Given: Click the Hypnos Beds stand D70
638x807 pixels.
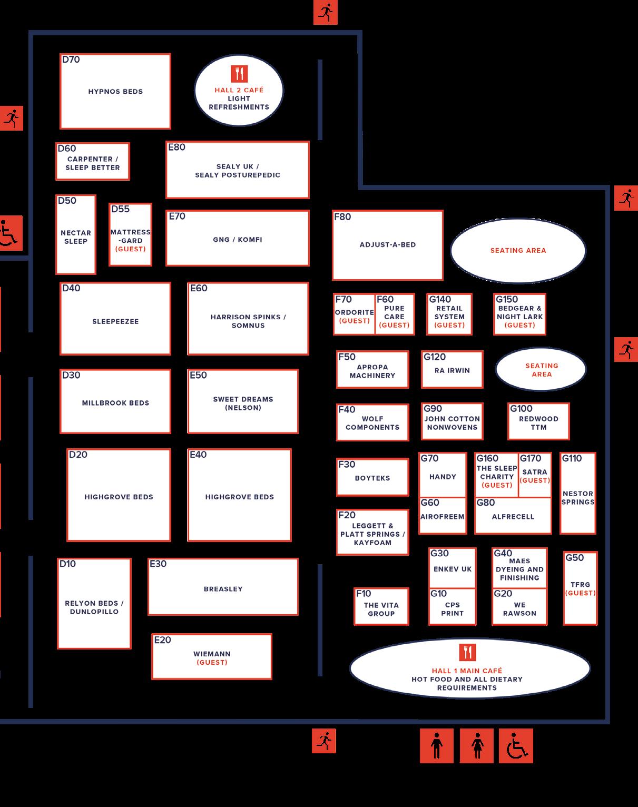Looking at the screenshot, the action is pyautogui.click(x=115, y=91).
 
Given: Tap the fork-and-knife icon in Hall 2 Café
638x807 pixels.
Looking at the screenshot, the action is pyautogui.click(x=239, y=74).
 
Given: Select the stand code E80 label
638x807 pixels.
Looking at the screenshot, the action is pyautogui.click(x=177, y=147).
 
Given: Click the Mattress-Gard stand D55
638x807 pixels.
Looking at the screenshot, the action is pyautogui.click(x=131, y=235).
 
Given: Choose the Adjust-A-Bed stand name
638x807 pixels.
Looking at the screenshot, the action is pyautogui.click(x=388, y=244).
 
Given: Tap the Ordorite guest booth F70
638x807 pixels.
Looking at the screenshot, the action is pyautogui.click(x=354, y=314).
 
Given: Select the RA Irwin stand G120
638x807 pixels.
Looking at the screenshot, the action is pyautogui.click(x=452, y=370).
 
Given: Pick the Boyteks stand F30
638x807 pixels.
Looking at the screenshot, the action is pyautogui.click(x=372, y=478).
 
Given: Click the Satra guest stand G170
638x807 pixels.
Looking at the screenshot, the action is pyautogui.click(x=535, y=475).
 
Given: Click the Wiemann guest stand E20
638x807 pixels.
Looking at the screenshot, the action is pyautogui.click(x=212, y=657).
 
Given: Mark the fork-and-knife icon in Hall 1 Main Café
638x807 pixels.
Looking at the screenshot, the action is pyautogui.click(x=467, y=652).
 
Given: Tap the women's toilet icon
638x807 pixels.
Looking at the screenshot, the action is pyautogui.click(x=477, y=746).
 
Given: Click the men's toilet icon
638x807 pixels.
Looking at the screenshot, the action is pyautogui.click(x=436, y=746).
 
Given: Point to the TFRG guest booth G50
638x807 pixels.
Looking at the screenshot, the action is pyautogui.click(x=580, y=588).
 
